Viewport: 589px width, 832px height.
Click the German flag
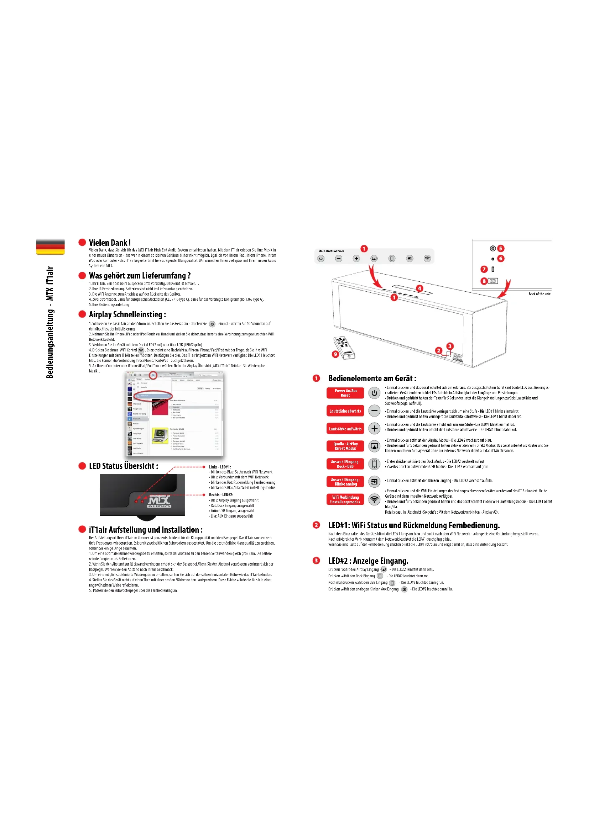(51, 247)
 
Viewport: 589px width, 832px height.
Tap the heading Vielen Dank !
(110, 243)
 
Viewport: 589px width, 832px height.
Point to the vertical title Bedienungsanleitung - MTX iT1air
(50, 322)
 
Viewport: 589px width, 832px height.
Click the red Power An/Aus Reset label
(345, 393)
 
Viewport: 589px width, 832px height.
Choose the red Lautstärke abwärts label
(345, 411)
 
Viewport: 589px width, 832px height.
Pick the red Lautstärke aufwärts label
(345, 429)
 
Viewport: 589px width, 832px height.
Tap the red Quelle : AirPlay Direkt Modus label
(345, 446)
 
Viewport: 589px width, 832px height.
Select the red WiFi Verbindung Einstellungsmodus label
(345, 499)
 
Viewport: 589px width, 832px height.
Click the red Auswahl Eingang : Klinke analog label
(345, 482)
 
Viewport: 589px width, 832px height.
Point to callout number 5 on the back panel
(501, 248)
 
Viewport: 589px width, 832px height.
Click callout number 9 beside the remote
(335, 354)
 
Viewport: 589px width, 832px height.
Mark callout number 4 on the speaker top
(419, 288)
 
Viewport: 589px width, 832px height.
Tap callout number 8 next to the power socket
(484, 281)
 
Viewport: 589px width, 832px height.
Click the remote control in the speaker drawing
(345, 347)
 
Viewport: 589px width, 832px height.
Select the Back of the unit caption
(539, 294)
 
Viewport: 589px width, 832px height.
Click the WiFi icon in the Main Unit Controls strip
(427, 258)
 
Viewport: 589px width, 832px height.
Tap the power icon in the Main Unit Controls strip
(321, 258)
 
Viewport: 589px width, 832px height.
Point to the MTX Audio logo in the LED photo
(159, 502)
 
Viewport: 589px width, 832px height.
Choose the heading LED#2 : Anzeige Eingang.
(368, 561)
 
